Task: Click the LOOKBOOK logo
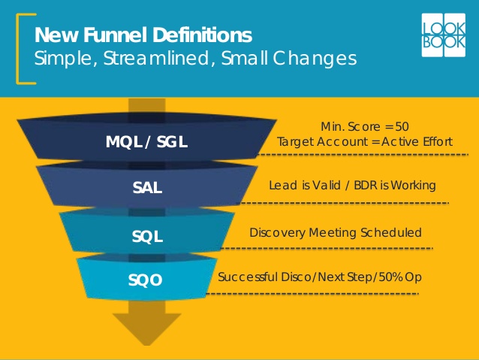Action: click(444, 35)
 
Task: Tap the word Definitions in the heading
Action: click(202, 35)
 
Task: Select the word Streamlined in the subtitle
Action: click(158, 58)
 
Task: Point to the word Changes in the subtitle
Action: click(315, 59)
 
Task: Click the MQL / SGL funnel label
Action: click(146, 142)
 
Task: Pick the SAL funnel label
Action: click(147, 187)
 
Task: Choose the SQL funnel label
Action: click(147, 237)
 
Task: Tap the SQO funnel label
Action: click(145, 280)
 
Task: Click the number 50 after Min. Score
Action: click(402, 126)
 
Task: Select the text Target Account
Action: click(323, 142)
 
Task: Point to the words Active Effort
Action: click(417, 142)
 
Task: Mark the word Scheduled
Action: click(391, 233)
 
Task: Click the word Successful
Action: click(248, 277)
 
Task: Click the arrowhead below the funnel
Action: click(147, 328)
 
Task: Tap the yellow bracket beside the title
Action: click(18, 49)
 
